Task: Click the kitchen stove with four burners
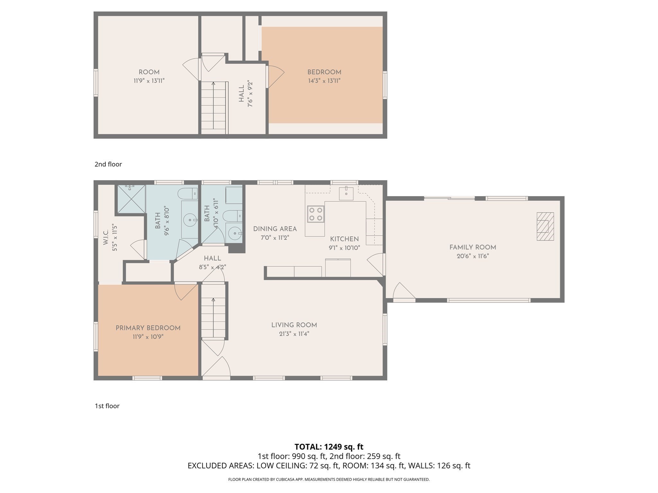[315, 214]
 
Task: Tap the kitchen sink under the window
[346, 194]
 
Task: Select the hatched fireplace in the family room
[545, 226]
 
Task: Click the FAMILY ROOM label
[473, 247]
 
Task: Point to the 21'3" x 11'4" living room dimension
[294, 334]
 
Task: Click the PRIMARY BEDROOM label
[148, 328]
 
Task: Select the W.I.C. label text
[106, 238]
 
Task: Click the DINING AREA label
[275, 229]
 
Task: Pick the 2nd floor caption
[108, 164]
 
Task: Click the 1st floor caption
[107, 406]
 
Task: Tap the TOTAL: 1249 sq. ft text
[329, 446]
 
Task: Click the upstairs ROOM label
[149, 72]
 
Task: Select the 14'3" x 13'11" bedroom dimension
[324, 81]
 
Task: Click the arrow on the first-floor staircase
[213, 300]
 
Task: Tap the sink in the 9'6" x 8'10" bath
[190, 220]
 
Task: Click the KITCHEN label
[344, 239]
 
